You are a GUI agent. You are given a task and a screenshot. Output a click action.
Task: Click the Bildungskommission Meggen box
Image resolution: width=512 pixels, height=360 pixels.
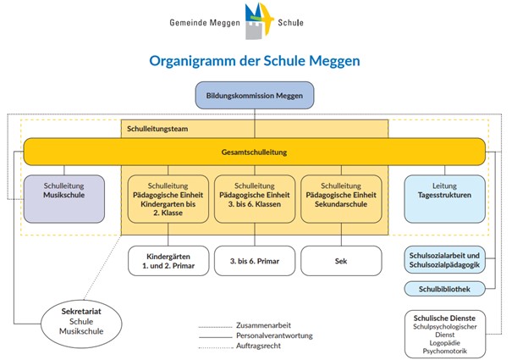255,96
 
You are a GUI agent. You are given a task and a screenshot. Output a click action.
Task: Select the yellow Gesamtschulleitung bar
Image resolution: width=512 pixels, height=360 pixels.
255,152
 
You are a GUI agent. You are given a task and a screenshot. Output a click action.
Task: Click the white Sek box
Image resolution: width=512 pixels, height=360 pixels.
342,261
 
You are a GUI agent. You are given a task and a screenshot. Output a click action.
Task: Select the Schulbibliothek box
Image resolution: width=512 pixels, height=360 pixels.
444,290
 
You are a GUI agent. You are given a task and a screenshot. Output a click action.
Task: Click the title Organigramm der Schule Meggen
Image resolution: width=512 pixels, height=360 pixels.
255,61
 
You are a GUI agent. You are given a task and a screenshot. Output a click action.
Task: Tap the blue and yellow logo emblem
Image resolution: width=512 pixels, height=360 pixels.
255,20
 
